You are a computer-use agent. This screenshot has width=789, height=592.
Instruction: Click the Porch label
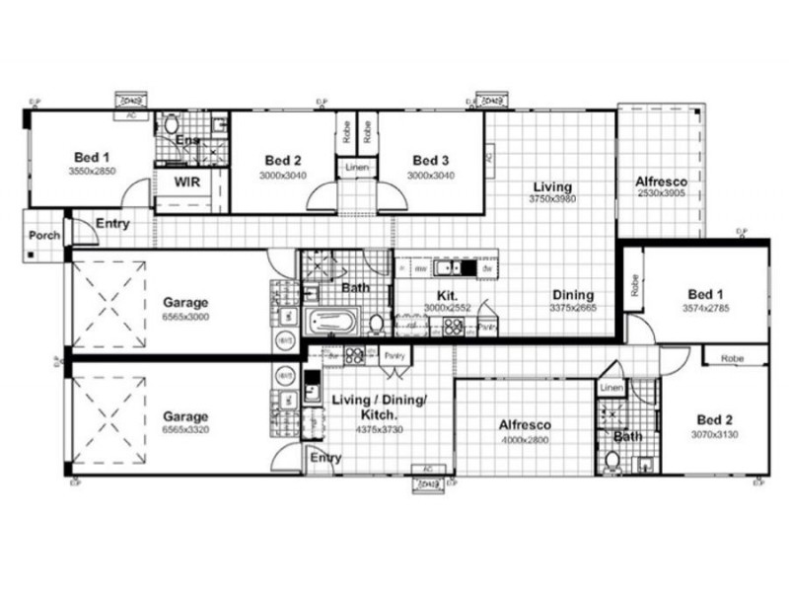pos(42,236)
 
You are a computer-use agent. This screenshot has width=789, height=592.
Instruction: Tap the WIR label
pos(187,183)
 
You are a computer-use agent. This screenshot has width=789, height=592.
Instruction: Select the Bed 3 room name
pos(431,161)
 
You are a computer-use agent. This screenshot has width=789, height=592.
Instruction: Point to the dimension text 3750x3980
pos(552,199)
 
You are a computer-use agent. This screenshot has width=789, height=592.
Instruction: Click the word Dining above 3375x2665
pos(572,295)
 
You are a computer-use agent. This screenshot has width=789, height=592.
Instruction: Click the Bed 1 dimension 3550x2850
pos(92,170)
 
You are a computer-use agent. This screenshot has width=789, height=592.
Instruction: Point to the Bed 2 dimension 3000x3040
pos(283,175)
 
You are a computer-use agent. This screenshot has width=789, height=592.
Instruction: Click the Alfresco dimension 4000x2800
pos(524,439)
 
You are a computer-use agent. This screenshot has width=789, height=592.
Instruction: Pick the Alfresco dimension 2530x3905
pos(661,194)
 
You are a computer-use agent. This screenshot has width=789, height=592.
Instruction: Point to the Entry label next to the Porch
pos(112,224)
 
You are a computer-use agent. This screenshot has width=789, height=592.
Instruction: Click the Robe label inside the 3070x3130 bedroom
pos(731,359)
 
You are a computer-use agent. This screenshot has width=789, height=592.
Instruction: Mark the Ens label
pos(187,141)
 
